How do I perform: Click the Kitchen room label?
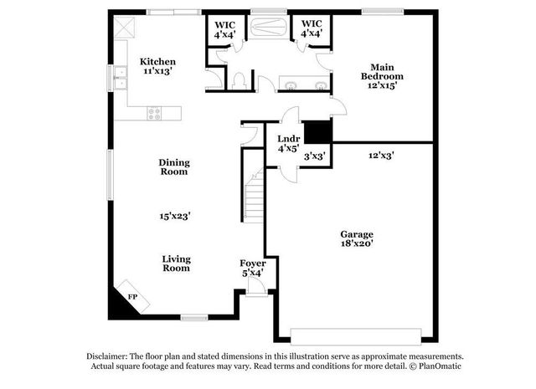tap(157, 61)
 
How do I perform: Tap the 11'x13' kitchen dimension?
tap(157, 71)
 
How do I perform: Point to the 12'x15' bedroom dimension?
tap(378, 84)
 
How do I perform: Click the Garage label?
tap(356, 234)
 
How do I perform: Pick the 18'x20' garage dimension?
tap(356, 244)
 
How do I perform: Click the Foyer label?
tap(253, 264)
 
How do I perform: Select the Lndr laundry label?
tap(289, 139)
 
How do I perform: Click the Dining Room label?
tap(173, 167)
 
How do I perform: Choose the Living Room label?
tap(176, 264)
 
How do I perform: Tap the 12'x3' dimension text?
tap(381, 155)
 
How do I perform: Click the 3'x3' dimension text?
tap(315, 155)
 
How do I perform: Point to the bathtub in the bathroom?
tap(270, 27)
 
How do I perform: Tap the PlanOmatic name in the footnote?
tap(439, 366)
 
